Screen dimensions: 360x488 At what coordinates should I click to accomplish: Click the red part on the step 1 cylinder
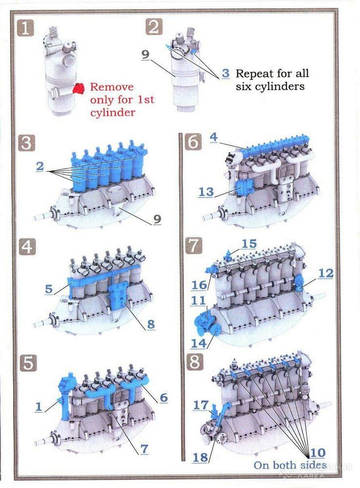79,88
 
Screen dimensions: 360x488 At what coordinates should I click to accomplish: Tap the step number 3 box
26,143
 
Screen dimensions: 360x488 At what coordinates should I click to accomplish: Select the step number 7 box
194,245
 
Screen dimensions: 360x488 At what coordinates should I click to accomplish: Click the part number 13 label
206,192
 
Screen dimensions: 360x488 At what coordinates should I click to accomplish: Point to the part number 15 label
249,244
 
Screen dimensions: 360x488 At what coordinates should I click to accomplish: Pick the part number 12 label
326,274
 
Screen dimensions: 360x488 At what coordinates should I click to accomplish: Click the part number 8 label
151,325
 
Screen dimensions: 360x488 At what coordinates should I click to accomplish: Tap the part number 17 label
201,405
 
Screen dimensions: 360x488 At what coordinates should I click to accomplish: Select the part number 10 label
318,453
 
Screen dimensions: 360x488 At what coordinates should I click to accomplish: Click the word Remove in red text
112,87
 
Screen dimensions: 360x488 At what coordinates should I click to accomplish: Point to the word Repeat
255,74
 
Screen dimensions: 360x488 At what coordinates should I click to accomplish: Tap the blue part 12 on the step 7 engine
298,283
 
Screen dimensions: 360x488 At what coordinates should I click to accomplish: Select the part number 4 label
213,137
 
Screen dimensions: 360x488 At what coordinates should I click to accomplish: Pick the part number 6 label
164,398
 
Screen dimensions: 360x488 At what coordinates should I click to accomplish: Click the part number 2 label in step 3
40,166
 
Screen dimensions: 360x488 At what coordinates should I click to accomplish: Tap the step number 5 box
28,363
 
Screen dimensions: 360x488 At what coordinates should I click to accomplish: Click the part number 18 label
200,458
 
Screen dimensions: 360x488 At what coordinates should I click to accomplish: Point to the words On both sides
290,465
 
